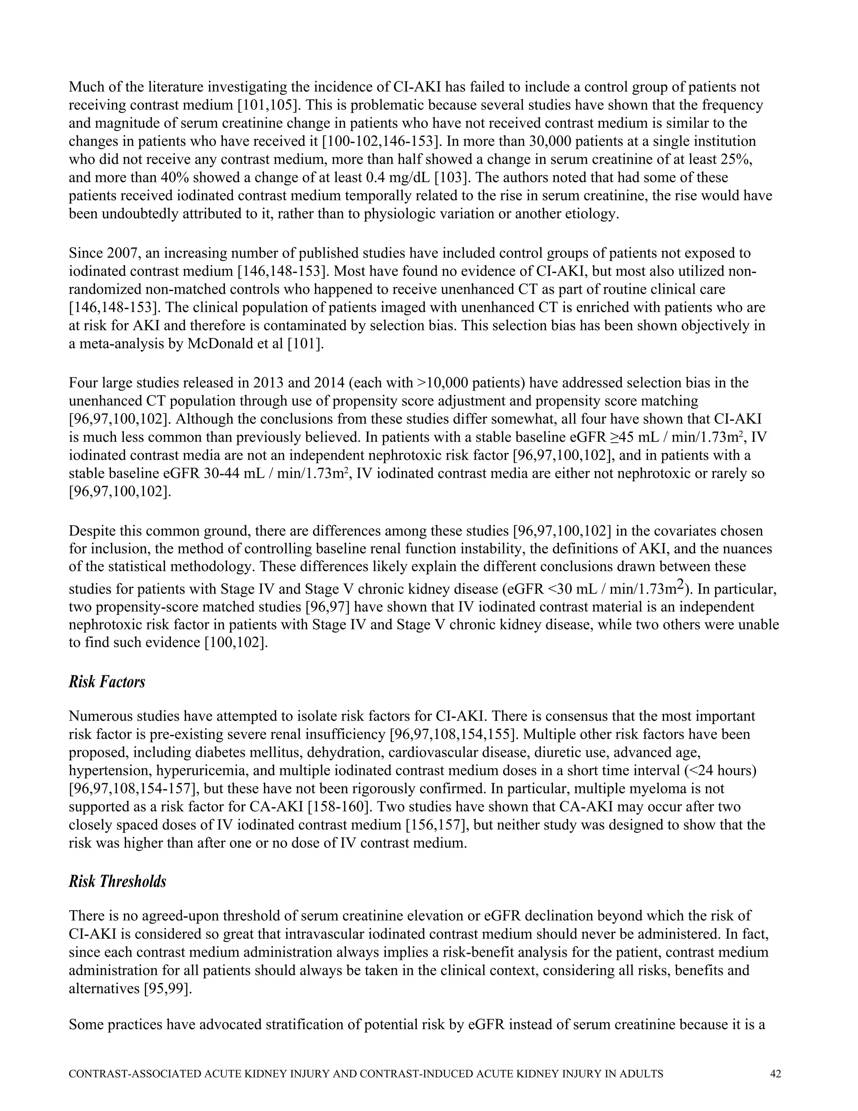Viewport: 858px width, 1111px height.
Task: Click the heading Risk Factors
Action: (x=107, y=682)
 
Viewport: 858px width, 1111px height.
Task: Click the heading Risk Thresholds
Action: (x=117, y=881)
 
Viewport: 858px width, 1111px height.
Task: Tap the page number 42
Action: (x=775, y=1074)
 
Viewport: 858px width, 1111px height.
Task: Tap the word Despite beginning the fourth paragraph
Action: (x=91, y=531)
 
